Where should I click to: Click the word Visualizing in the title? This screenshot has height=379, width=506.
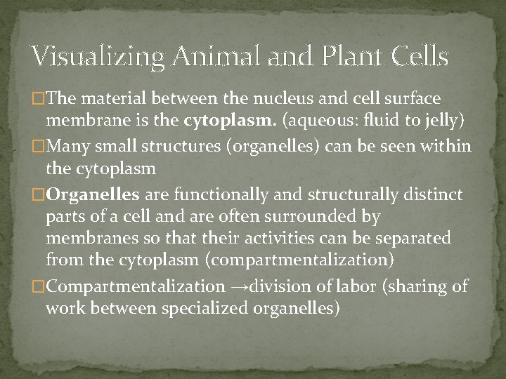tap(90, 57)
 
